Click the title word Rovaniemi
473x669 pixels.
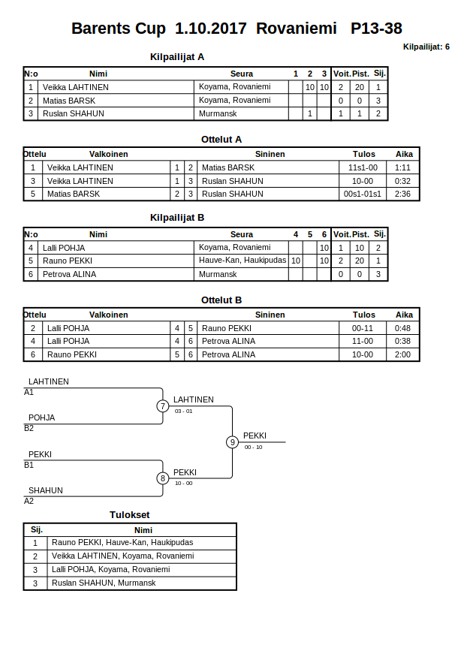(297, 29)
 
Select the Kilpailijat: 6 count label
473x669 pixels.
(426, 47)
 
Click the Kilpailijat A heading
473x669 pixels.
(177, 56)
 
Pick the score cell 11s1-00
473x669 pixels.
(363, 167)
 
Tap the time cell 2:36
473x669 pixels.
(403, 194)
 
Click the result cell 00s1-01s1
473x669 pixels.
(363, 194)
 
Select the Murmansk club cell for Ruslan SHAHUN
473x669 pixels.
(218, 113)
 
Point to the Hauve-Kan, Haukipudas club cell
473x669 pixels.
(243, 260)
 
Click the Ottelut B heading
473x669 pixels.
(221, 300)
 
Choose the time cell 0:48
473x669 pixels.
(403, 328)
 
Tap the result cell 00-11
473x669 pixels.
(363, 328)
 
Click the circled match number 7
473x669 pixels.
(163, 406)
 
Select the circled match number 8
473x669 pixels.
(163, 478)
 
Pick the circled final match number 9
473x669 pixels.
(233, 442)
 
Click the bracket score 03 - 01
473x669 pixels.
(183, 411)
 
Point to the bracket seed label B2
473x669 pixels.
(29, 428)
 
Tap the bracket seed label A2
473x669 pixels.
(29, 501)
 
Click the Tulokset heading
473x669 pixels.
(130, 514)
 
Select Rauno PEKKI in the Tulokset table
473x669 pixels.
(122, 542)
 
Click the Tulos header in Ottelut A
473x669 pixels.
(363, 154)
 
